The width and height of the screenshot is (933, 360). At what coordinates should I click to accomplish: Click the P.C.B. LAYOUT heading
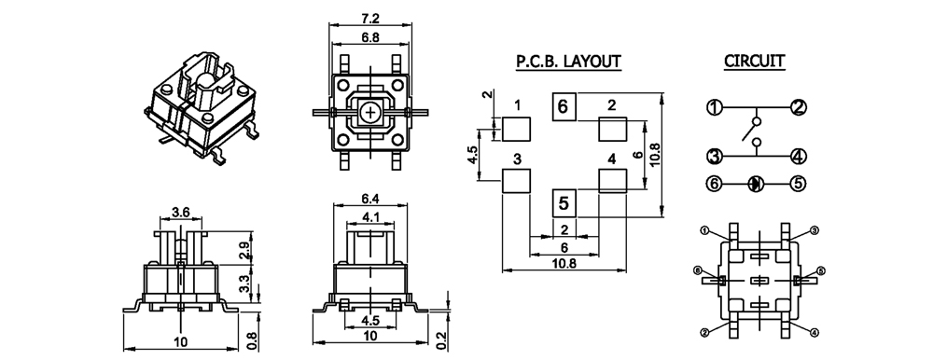coord(568,61)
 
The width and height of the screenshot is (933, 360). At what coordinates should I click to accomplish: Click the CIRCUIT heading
coord(754,61)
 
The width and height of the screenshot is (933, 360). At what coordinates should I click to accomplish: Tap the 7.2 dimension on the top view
coord(370,19)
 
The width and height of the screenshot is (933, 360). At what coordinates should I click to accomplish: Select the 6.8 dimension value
coord(370,37)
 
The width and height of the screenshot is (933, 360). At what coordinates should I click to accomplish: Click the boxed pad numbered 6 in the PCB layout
coord(564,107)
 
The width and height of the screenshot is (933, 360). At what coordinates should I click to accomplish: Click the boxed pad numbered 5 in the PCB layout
coord(564,203)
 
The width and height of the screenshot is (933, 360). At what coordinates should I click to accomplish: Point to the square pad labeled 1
coord(516,129)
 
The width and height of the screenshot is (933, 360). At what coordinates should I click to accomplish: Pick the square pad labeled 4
coord(612,180)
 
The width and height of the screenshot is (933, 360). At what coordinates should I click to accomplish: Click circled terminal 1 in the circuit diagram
coord(714,107)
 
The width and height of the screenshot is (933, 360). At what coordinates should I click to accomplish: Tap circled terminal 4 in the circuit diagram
coord(798,157)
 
